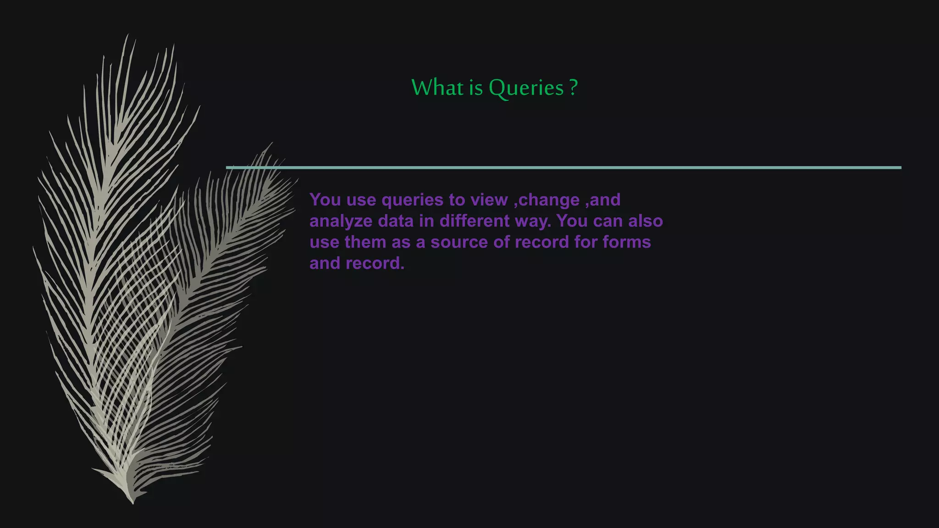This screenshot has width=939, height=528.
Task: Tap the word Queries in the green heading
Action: tap(526, 88)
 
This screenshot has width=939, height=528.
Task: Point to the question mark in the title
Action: tap(573, 87)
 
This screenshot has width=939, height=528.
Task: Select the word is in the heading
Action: tap(476, 87)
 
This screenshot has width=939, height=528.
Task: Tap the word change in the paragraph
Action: tap(549, 200)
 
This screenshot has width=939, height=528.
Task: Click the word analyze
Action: tap(341, 221)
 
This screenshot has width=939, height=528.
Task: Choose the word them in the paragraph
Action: tap(365, 242)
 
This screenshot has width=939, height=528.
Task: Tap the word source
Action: tap(459, 242)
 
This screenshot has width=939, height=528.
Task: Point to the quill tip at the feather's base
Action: tap(133, 502)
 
